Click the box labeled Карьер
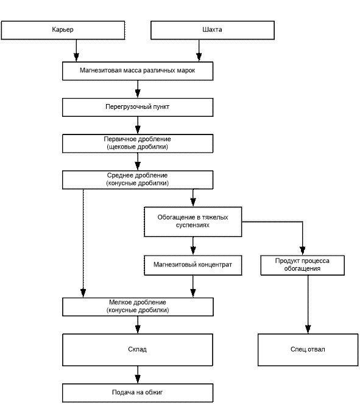63,30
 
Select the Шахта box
213,30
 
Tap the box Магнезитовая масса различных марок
138,71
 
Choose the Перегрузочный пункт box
138,107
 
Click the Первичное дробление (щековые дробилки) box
138,144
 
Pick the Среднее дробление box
138,180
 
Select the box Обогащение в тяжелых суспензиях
193,221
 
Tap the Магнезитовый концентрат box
193,265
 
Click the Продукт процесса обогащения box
303,265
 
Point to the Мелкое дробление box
138,307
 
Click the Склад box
138,350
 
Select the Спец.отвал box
308,350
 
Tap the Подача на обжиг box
138,393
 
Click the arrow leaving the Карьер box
76,50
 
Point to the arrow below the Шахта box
199,50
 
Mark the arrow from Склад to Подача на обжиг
138,375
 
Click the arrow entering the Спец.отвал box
308,305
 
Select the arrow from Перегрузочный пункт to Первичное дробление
138,125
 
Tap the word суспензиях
192,225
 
